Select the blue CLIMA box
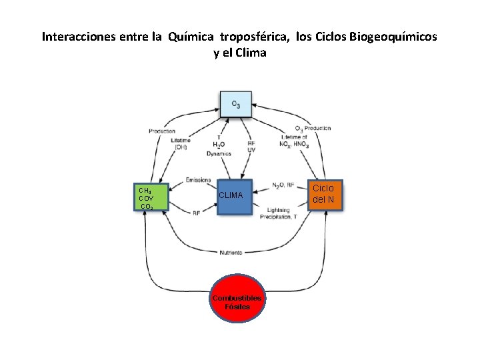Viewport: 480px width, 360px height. pos(236,197)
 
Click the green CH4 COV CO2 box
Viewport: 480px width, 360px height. pos(151,197)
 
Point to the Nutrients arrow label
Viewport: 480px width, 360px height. pos(231,253)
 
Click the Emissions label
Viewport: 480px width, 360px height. pos(199,179)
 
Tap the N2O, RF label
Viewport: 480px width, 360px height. pos(284,185)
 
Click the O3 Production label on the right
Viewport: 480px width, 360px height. pos(313,128)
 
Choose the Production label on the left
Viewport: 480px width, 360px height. pos(162,131)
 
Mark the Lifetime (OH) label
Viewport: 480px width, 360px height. pos(181,143)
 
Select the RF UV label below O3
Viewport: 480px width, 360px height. pos(251,147)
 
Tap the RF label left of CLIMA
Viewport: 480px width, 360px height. pos(197,213)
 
